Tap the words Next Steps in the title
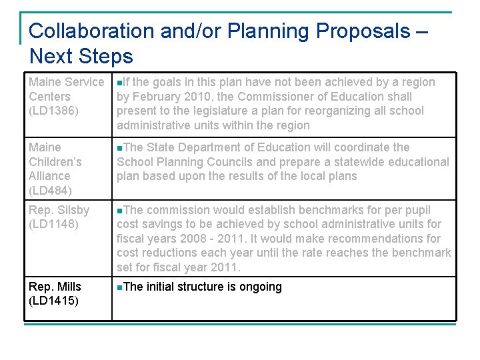tap(81, 56)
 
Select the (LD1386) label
tap(54, 111)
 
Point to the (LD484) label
tap(51, 191)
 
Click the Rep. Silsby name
tap(59, 210)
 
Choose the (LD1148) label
tap(54, 225)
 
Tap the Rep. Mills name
tap(55, 287)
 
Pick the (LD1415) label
tap(54, 301)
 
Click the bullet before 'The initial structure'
tap(119, 287)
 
